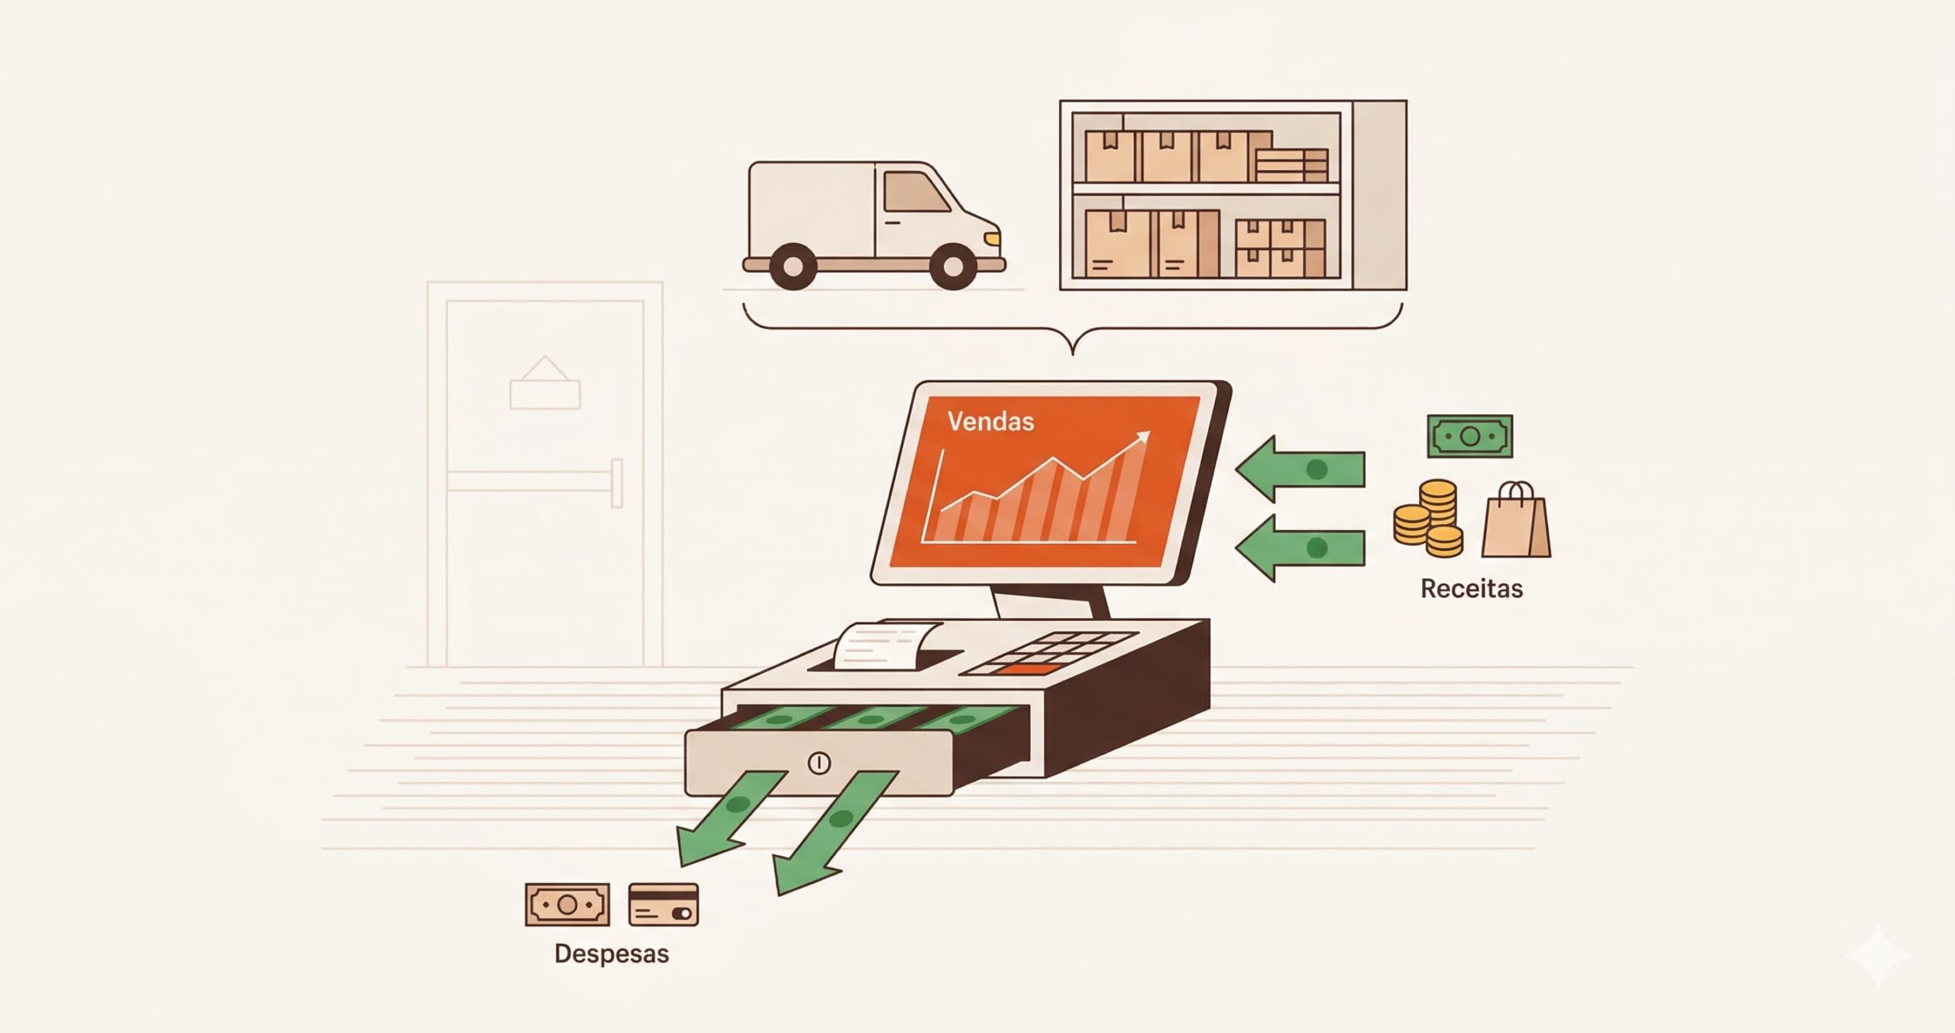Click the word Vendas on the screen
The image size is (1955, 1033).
tap(990, 421)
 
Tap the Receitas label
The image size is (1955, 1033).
tap(1472, 588)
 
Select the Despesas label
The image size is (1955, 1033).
tap(612, 954)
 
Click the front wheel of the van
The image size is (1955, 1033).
tap(953, 265)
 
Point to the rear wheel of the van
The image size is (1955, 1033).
tap(793, 266)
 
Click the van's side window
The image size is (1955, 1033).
tap(916, 191)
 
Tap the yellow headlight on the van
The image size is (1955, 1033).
tap(992, 238)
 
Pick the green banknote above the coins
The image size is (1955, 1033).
tap(1470, 436)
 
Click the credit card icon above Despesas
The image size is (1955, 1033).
tap(664, 905)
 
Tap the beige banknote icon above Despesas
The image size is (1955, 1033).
tap(567, 905)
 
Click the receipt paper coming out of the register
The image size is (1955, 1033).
tap(886, 646)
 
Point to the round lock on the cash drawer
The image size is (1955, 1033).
tap(819, 763)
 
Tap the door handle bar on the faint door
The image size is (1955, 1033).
tap(535, 481)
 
